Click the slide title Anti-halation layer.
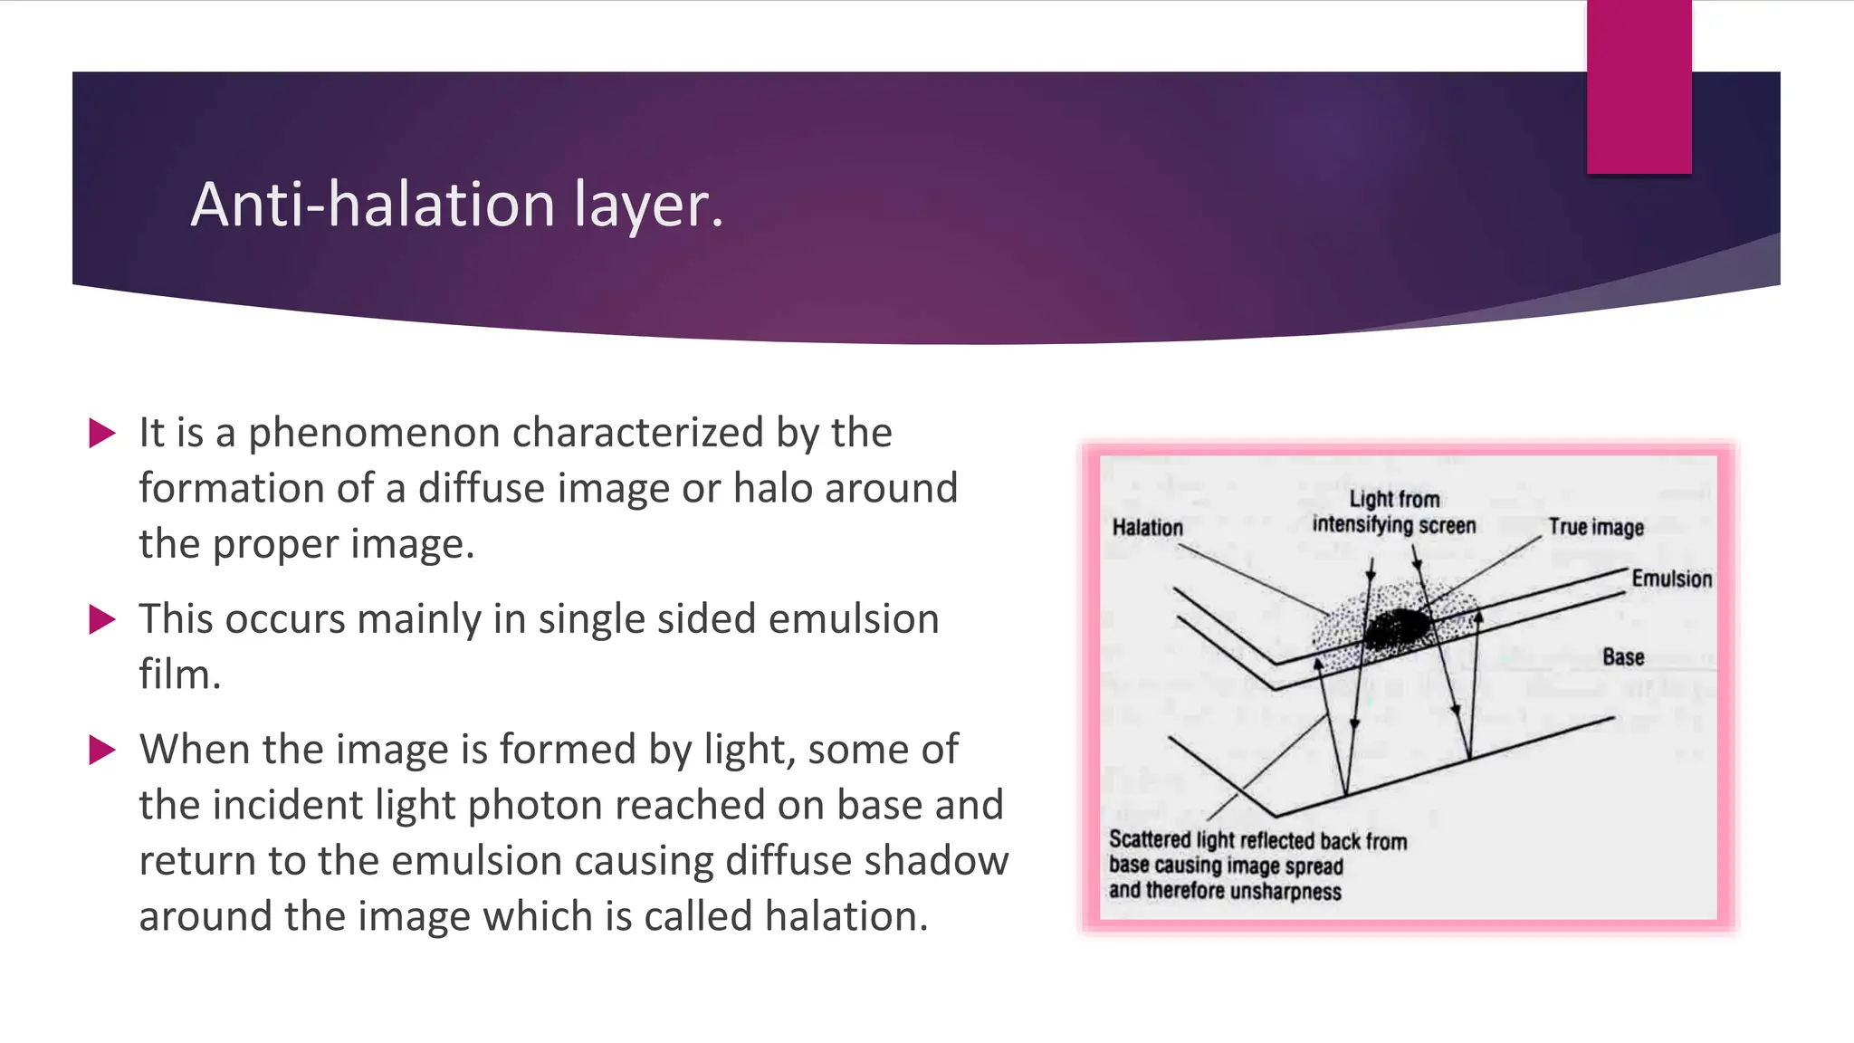pos(457,205)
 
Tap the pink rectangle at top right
pos(1639,86)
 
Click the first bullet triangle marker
pos(102,433)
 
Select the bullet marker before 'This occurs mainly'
pos(102,619)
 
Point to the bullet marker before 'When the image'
pos(102,750)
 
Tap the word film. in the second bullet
pos(179,675)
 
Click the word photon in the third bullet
pos(533,805)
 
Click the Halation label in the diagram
pos(1147,528)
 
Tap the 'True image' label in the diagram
pos(1595,528)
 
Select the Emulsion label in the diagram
pos(1671,579)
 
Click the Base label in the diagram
pos(1622,657)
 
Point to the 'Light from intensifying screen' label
pos(1394,512)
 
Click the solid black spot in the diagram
pos(1397,627)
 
